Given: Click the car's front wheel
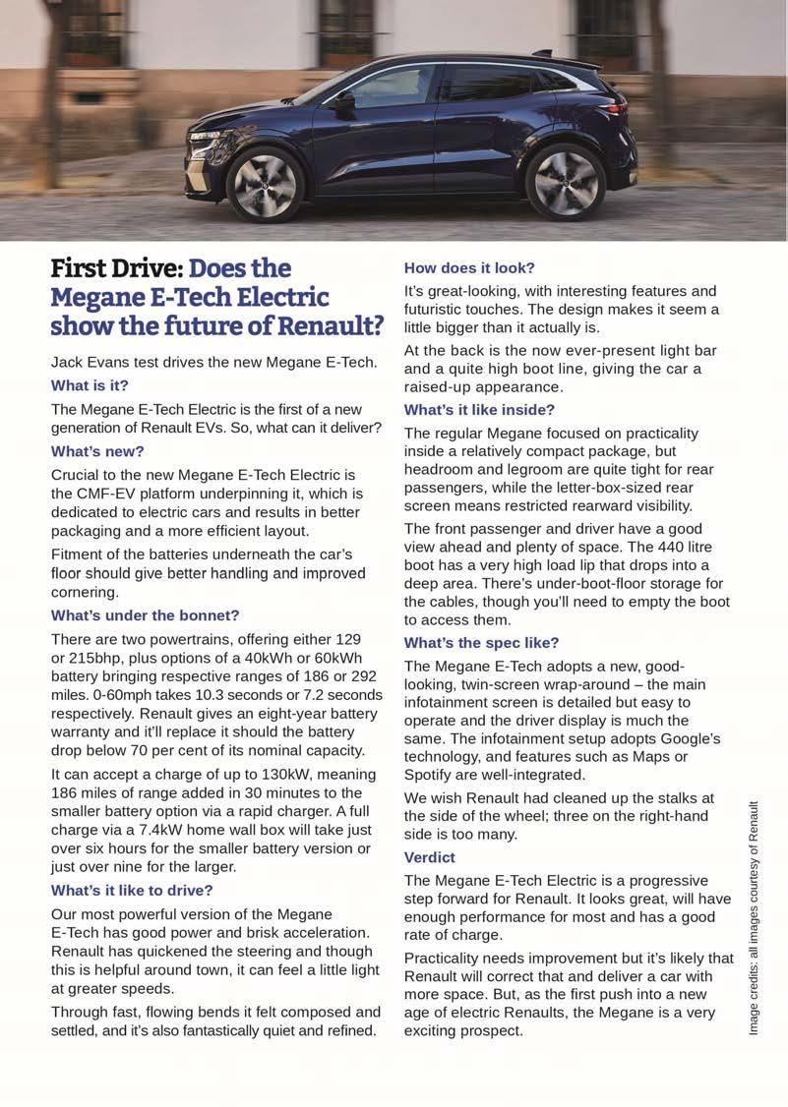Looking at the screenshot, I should (265, 184).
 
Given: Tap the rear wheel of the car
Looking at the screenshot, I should (565, 182).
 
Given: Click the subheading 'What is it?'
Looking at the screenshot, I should (90, 385).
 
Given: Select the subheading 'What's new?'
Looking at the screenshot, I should (97, 451).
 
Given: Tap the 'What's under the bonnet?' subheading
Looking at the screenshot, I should (145, 615).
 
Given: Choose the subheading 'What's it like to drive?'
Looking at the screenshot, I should (132, 890).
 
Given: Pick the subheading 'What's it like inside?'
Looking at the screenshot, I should (479, 409).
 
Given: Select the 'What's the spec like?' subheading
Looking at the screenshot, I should (481, 642).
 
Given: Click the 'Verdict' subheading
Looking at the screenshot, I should (429, 857).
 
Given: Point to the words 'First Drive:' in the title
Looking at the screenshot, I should (116, 268).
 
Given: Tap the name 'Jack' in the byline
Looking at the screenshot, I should (70, 362).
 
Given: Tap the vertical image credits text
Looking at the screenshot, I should (755, 916).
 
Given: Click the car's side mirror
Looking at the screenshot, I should (343, 99).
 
